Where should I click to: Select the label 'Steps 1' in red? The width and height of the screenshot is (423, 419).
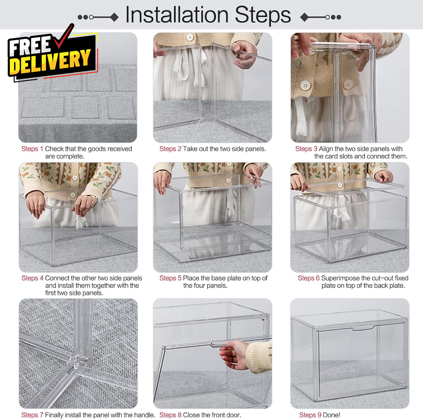(33, 149)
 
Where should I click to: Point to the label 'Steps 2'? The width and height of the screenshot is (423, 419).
(170, 149)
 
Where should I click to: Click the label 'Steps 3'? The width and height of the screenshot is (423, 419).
(306, 149)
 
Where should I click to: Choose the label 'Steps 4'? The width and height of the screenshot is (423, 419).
(33, 278)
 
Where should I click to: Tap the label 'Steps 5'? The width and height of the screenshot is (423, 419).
(170, 278)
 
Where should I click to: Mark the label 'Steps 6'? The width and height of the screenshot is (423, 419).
(309, 278)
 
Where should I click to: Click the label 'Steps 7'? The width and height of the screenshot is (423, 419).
(33, 415)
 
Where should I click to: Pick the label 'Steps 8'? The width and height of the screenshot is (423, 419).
(170, 415)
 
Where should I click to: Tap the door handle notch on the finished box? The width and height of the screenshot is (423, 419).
(363, 328)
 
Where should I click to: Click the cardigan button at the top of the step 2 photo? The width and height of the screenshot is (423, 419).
(190, 37)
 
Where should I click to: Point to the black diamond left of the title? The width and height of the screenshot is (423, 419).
(115, 17)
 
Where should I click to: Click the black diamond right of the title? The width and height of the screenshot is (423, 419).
(304, 17)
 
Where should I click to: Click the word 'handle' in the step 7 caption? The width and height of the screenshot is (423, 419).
(145, 415)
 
